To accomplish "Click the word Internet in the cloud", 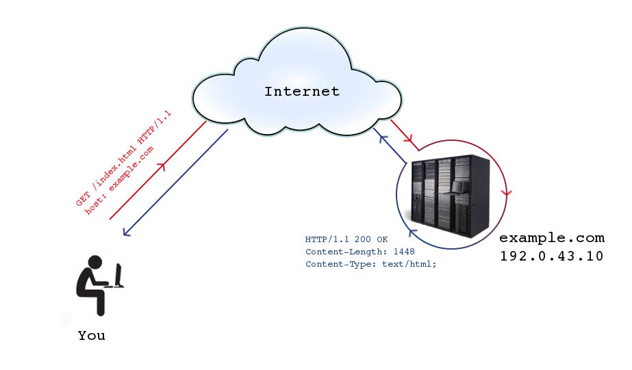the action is coord(301,92).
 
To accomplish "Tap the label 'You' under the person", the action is coord(92,335).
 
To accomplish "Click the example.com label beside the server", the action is coord(552,239).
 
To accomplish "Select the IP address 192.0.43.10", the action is coord(552,256).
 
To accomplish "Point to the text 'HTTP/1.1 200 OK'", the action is coord(346,239).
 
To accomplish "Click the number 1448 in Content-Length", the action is coord(404,252).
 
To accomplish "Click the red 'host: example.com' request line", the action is coord(119,181).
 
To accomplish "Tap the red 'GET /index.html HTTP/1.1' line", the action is coord(123,158).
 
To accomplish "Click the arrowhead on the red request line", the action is coord(162,166).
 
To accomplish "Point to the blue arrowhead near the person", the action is coord(127,232).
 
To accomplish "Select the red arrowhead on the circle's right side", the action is coord(507,194).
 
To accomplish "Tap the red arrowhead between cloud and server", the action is coord(408,139).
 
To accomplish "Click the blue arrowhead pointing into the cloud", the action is coord(383,139).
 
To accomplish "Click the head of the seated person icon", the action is coord(95,262).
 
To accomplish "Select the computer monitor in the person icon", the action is coord(118,276).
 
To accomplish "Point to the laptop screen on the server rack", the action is coord(458,187).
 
